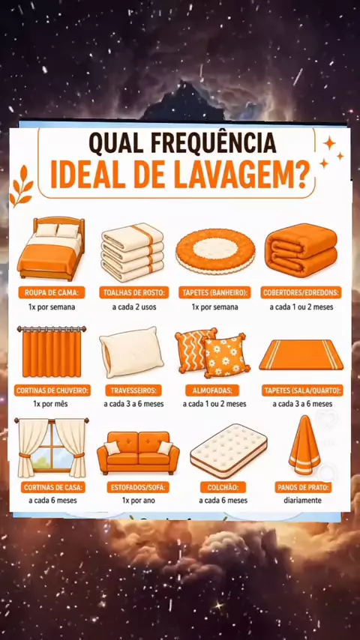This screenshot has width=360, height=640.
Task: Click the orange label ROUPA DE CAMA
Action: point(52,292)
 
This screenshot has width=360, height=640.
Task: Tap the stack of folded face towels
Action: point(132,252)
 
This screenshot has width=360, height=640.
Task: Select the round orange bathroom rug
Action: point(215,250)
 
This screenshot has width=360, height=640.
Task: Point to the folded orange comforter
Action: point(301,250)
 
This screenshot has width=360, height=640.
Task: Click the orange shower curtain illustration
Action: point(52,351)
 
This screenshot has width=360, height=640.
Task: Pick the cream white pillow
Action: point(131,351)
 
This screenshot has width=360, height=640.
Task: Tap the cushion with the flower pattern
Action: point(226,355)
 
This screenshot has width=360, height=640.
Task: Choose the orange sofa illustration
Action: point(138,453)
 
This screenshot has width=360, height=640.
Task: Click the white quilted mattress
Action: point(229,450)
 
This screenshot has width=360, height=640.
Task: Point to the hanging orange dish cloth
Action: point(304,446)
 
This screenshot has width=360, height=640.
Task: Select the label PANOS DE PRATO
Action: point(303,487)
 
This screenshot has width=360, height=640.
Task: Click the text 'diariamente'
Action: point(303,501)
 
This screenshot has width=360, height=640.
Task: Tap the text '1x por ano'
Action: point(138,501)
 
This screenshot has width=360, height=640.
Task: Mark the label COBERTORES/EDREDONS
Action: point(301,292)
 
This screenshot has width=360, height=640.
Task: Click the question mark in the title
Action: point(303,176)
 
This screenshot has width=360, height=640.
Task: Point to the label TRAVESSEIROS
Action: point(133,390)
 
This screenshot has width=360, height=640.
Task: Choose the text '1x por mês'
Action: point(51,404)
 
